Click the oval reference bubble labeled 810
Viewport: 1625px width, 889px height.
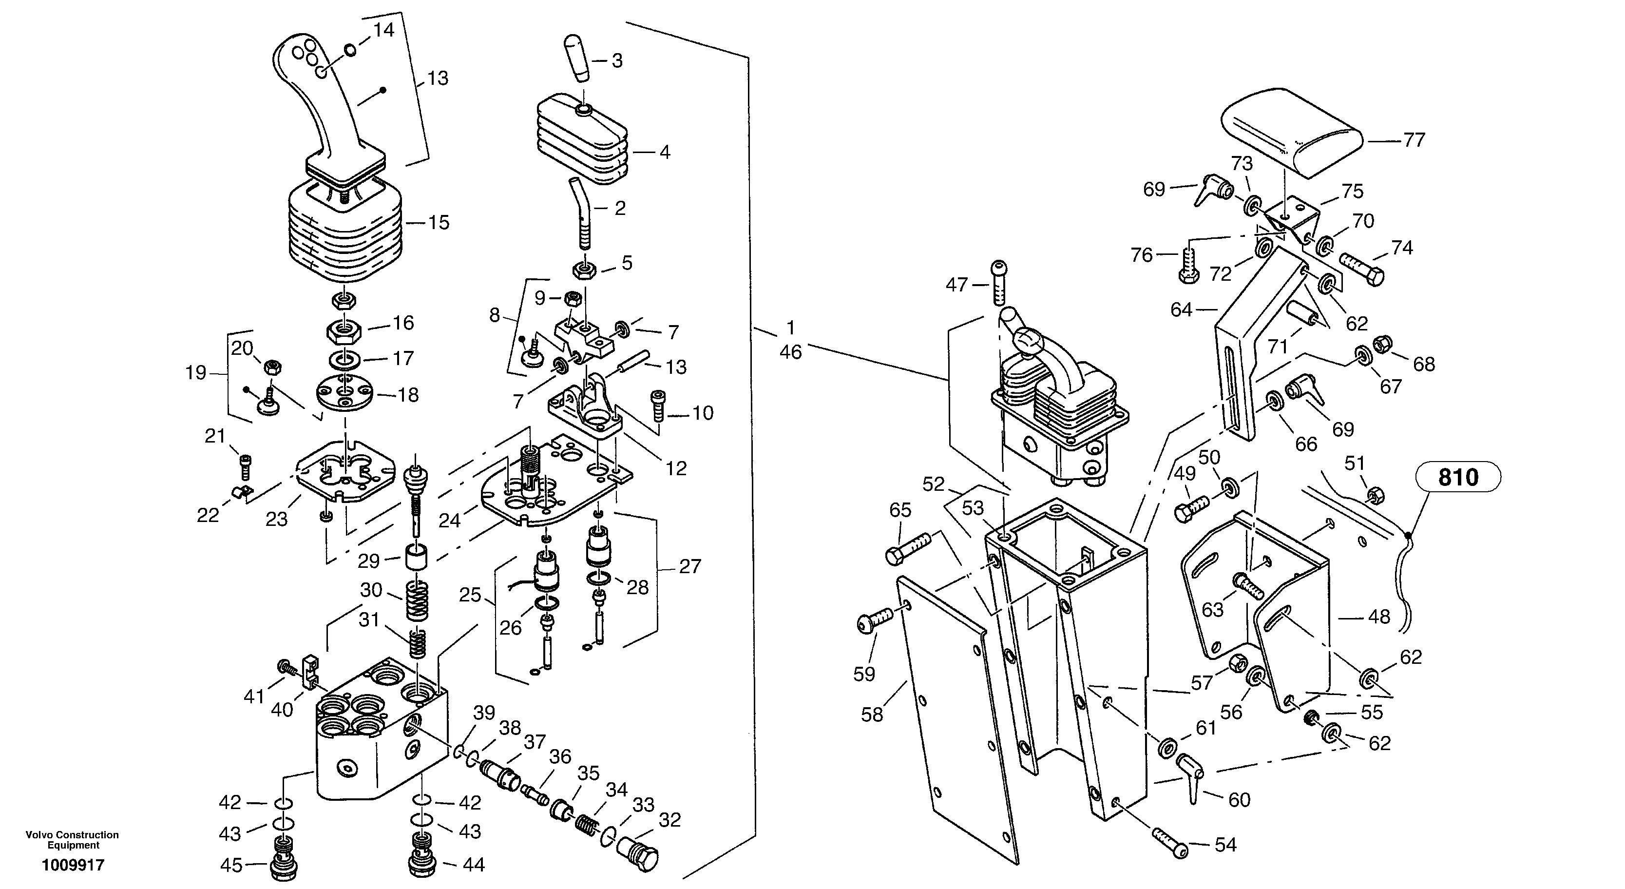pyautogui.click(x=1458, y=477)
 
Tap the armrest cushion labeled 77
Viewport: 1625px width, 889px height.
pyautogui.click(x=1291, y=132)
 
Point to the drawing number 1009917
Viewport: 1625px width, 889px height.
pyautogui.click(x=73, y=865)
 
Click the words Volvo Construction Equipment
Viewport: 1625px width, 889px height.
pyautogui.click(x=73, y=840)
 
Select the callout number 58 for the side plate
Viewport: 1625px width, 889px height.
pyautogui.click(x=872, y=715)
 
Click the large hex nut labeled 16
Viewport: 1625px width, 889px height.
pyautogui.click(x=344, y=330)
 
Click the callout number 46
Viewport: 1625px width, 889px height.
pyautogui.click(x=790, y=352)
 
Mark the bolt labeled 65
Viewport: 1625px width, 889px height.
pyautogui.click(x=908, y=548)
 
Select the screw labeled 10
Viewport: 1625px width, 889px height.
pyautogui.click(x=658, y=406)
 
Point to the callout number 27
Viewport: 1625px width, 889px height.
pyautogui.click(x=689, y=566)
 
